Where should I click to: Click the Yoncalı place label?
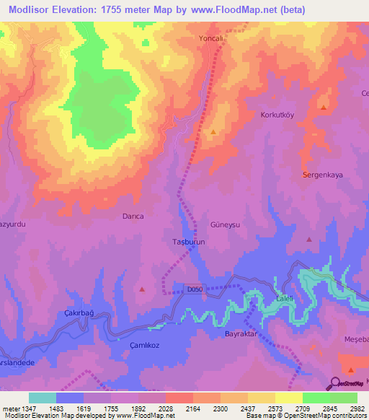[212, 40]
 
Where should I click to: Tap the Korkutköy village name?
[278, 115]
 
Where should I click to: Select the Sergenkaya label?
[321, 175]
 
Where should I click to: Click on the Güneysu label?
[224, 224]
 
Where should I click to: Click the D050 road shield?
[195, 289]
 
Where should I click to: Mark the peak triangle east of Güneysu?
[309, 239]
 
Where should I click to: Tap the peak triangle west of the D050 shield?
[142, 289]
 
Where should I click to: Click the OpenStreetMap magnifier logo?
[336, 382]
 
